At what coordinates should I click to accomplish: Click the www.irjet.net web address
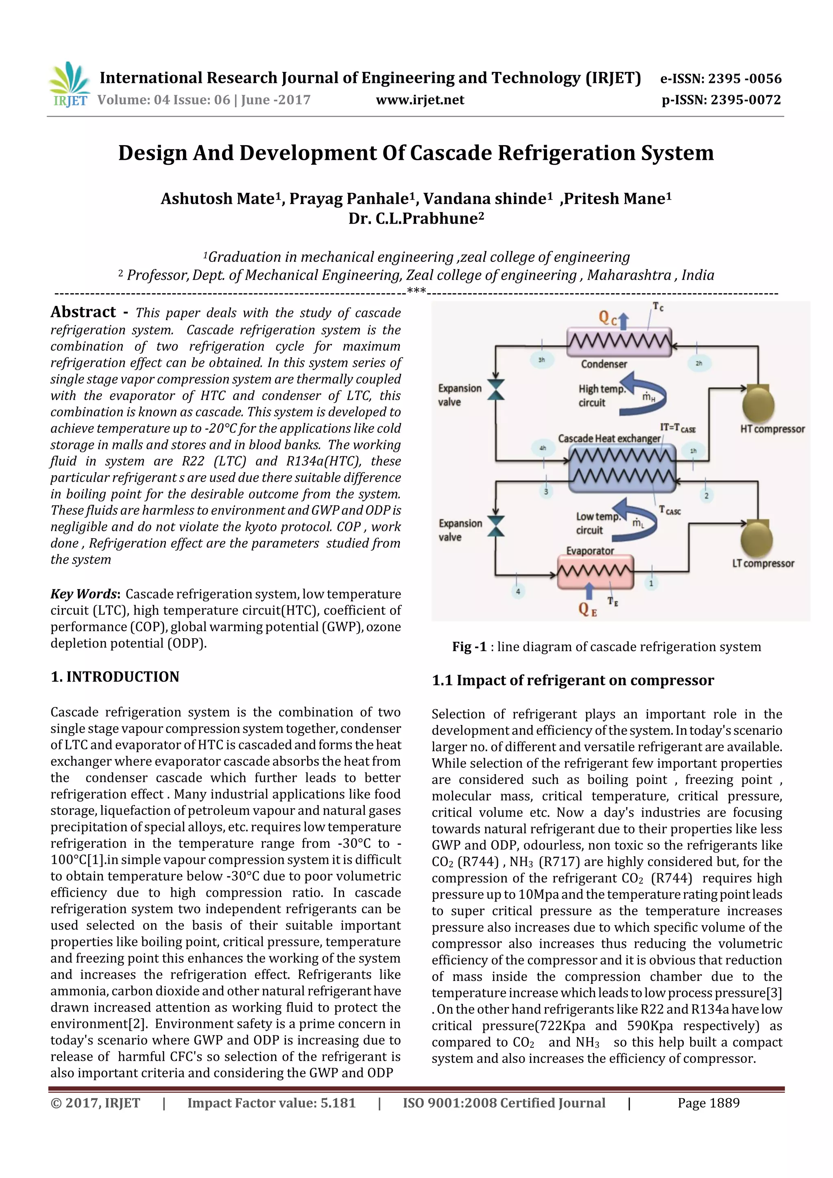pyautogui.click(x=420, y=100)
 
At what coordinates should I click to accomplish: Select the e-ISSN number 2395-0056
pyautogui.click(x=721, y=78)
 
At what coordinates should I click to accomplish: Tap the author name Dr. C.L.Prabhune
pyautogui.click(x=416, y=219)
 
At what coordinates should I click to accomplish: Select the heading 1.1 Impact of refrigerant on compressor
pyautogui.click(x=573, y=680)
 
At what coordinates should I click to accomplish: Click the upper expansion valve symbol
pyautogui.click(x=496, y=390)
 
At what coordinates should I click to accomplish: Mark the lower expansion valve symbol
pyautogui.click(x=496, y=526)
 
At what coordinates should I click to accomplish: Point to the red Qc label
pyautogui.click(x=607, y=318)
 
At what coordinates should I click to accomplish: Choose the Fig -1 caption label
pyautogui.click(x=469, y=647)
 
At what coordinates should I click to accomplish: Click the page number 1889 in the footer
pyautogui.click(x=708, y=1103)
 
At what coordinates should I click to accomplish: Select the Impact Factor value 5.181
pyautogui.click(x=271, y=1103)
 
